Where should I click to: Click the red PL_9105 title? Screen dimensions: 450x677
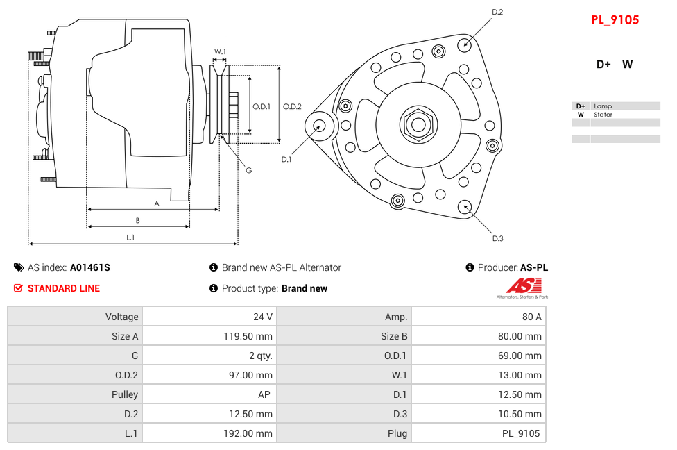pos(615,20)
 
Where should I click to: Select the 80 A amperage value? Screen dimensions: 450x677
pos(531,317)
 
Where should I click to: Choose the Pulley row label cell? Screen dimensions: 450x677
pos(125,394)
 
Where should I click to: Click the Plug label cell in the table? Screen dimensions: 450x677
pos(397,433)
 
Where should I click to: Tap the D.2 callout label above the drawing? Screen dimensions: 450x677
pos(497,12)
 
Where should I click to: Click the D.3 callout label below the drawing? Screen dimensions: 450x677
pos(497,239)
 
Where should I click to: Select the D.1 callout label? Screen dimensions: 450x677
pos(286,160)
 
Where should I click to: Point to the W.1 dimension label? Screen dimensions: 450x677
pos(220,51)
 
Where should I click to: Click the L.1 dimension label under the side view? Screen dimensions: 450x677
pos(130,237)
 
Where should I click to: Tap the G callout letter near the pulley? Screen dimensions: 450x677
pos(248,171)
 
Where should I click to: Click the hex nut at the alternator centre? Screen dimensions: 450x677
pos(418,125)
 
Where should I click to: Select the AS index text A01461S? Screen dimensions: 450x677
pos(89,267)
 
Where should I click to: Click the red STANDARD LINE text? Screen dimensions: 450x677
pos(64,288)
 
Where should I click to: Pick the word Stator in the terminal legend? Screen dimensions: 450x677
pos(603,115)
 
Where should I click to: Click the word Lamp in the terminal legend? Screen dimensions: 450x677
pos(602,106)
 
